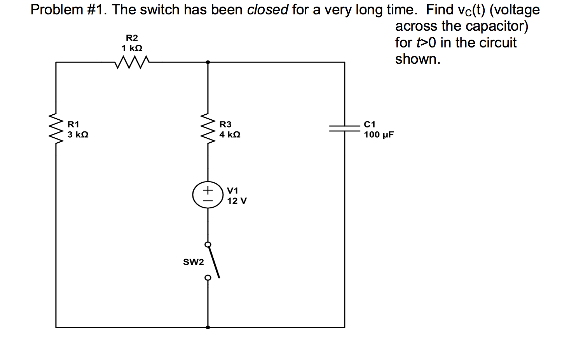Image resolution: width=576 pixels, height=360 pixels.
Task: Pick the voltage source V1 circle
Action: (x=208, y=195)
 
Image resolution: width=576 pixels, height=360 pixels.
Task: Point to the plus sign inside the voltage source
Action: (x=208, y=190)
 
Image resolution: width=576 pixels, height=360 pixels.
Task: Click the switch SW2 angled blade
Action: (x=214, y=261)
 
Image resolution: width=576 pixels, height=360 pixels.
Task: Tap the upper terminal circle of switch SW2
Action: (x=208, y=244)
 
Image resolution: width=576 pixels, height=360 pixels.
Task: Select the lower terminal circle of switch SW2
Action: (x=208, y=278)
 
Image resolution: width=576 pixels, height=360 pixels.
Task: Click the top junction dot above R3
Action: (x=208, y=62)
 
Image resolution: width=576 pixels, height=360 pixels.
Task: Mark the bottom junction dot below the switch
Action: (x=208, y=327)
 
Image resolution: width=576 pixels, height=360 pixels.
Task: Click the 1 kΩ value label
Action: (x=132, y=48)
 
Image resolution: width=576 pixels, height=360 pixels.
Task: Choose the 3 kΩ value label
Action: (x=78, y=135)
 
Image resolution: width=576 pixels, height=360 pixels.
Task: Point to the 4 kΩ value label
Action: (x=230, y=135)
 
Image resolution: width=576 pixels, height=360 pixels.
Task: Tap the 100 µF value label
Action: (x=379, y=135)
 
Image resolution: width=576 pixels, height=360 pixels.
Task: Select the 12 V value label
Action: (x=237, y=201)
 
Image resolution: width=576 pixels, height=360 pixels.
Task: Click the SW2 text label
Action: (x=193, y=262)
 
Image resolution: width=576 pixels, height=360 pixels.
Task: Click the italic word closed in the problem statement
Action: (x=267, y=10)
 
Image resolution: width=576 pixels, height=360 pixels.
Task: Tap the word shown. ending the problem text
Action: (x=417, y=59)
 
